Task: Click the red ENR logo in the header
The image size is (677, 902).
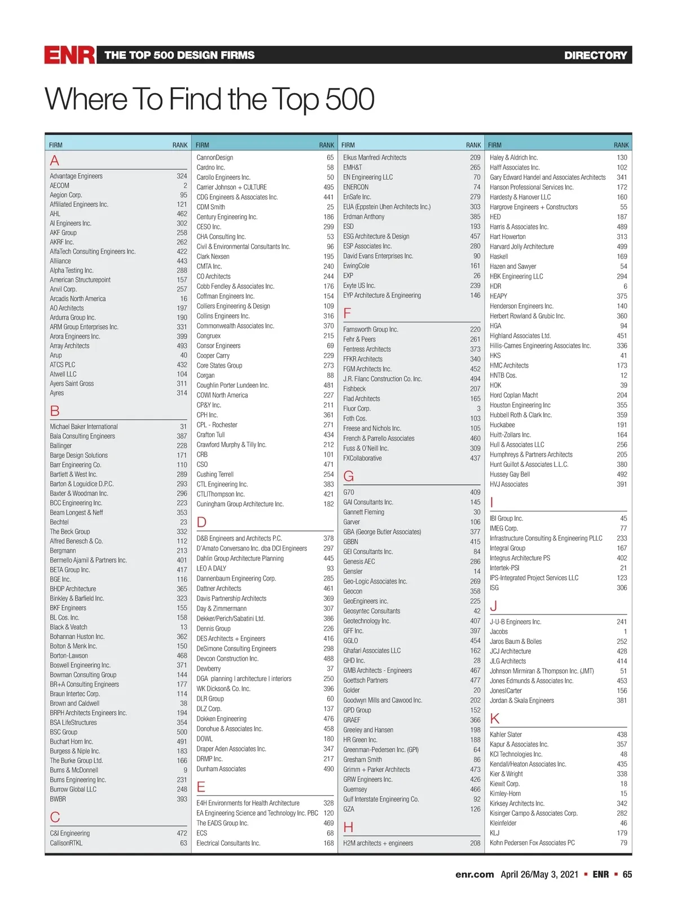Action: point(69,55)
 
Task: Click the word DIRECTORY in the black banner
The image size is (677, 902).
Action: point(595,55)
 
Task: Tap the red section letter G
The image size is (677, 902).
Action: point(349,476)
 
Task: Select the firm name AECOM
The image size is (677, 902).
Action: point(59,185)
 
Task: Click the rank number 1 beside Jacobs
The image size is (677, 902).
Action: point(625,631)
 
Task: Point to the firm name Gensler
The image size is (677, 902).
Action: point(353,571)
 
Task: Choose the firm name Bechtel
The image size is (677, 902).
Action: point(59,522)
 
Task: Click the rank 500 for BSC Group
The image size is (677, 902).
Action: point(182,732)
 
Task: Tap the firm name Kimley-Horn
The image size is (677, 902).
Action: point(505,793)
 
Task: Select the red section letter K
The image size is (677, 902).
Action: point(495,718)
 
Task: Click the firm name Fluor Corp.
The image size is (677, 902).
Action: point(357,408)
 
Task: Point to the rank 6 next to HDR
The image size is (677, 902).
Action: point(625,286)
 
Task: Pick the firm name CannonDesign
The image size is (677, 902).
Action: point(214,157)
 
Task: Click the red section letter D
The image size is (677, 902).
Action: point(201,522)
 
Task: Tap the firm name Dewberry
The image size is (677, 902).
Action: point(208,669)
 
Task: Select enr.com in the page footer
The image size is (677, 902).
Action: point(474,874)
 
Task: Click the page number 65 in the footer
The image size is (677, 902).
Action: point(627,874)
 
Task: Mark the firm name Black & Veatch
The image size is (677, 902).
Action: point(68,627)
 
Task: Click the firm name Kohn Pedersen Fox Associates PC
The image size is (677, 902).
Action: point(532,843)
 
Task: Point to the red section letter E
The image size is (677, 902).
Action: point(201,787)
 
